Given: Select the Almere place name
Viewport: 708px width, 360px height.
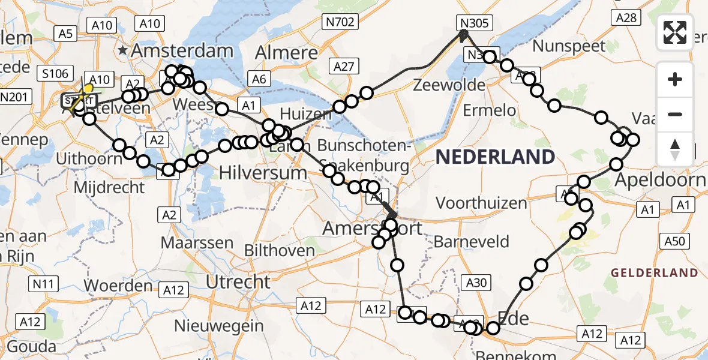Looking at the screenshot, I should [x=286, y=53].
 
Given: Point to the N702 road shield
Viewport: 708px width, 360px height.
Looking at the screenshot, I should [x=340, y=23].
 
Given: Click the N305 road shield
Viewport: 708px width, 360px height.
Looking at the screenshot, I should [x=475, y=23].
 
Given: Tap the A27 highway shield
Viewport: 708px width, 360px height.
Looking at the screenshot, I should [x=344, y=67].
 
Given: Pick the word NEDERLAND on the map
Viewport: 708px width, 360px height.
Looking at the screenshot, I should [x=495, y=157].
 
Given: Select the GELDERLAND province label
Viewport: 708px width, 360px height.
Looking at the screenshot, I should [x=655, y=273].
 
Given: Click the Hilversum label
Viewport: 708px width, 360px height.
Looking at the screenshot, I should [x=263, y=173].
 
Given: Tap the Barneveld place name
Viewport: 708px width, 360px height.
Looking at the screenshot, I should [x=471, y=242].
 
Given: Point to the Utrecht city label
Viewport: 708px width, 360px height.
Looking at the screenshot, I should [x=238, y=281].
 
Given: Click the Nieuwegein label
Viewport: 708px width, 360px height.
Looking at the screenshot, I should [x=219, y=326].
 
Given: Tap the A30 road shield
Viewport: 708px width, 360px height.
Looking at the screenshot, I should [x=478, y=282].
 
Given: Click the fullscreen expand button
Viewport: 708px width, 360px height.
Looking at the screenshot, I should [x=675, y=32].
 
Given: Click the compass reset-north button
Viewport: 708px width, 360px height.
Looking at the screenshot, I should [x=675, y=149].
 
